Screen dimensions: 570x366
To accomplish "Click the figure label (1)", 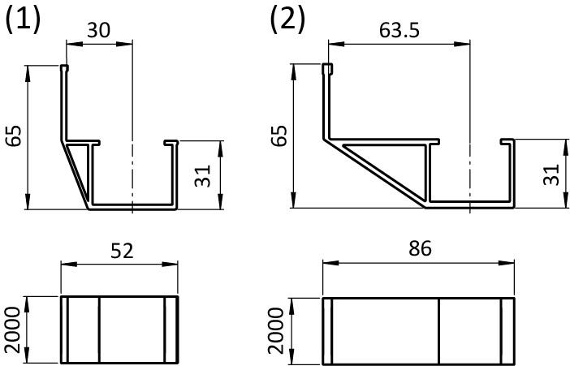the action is coord(23,20).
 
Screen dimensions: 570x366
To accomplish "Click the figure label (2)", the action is coord(287,20).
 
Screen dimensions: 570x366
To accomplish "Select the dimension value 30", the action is coord(98,30).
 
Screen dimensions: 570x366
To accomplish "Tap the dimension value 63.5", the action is coord(399,30).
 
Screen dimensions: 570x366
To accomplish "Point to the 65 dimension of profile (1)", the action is coord(15,136).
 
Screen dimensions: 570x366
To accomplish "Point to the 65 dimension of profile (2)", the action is coord(279,136).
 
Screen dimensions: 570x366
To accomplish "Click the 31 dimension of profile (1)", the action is coord(203,176).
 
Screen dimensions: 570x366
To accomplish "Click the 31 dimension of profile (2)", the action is coord(551,174).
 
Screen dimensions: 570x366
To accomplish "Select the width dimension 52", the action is coord(122,251).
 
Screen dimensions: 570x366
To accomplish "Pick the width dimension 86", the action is coord(420,248).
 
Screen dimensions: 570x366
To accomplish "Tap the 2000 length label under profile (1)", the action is coord(14,330).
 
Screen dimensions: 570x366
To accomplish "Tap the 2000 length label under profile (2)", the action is coord(276,330).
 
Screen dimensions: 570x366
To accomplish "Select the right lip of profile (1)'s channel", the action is coord(171,143).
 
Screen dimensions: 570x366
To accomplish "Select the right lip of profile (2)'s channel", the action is coord(507,141).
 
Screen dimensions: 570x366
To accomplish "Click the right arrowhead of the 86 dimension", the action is coord(507,263).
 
